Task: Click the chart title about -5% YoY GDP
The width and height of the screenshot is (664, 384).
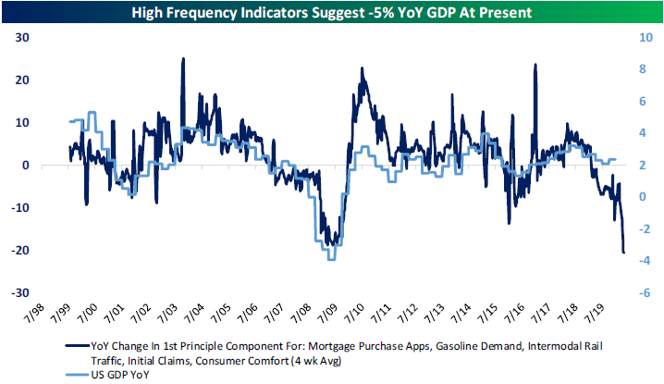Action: (x=331, y=13)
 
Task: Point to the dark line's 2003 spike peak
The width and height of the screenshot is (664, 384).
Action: (x=182, y=58)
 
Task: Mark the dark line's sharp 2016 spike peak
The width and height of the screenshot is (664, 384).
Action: (x=535, y=65)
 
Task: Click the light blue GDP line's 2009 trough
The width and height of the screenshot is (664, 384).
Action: (x=330, y=259)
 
